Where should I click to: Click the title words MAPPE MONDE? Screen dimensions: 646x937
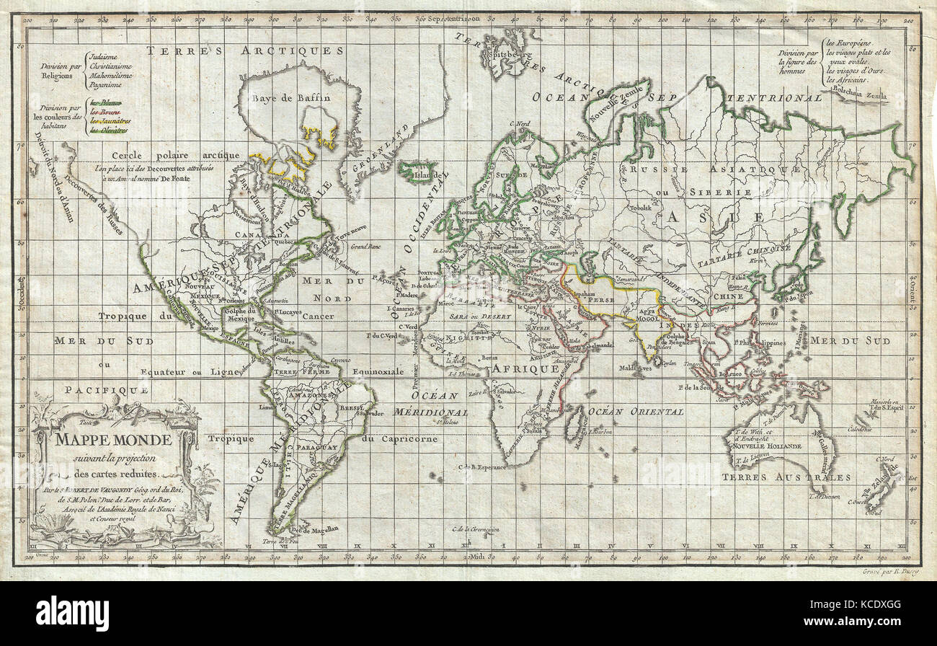[101, 440]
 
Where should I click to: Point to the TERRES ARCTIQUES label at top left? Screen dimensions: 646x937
[245, 50]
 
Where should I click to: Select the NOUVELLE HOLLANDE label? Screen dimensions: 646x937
[768, 446]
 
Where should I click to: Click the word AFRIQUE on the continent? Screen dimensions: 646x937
[525, 368]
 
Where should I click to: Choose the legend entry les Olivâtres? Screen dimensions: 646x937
[109, 130]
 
